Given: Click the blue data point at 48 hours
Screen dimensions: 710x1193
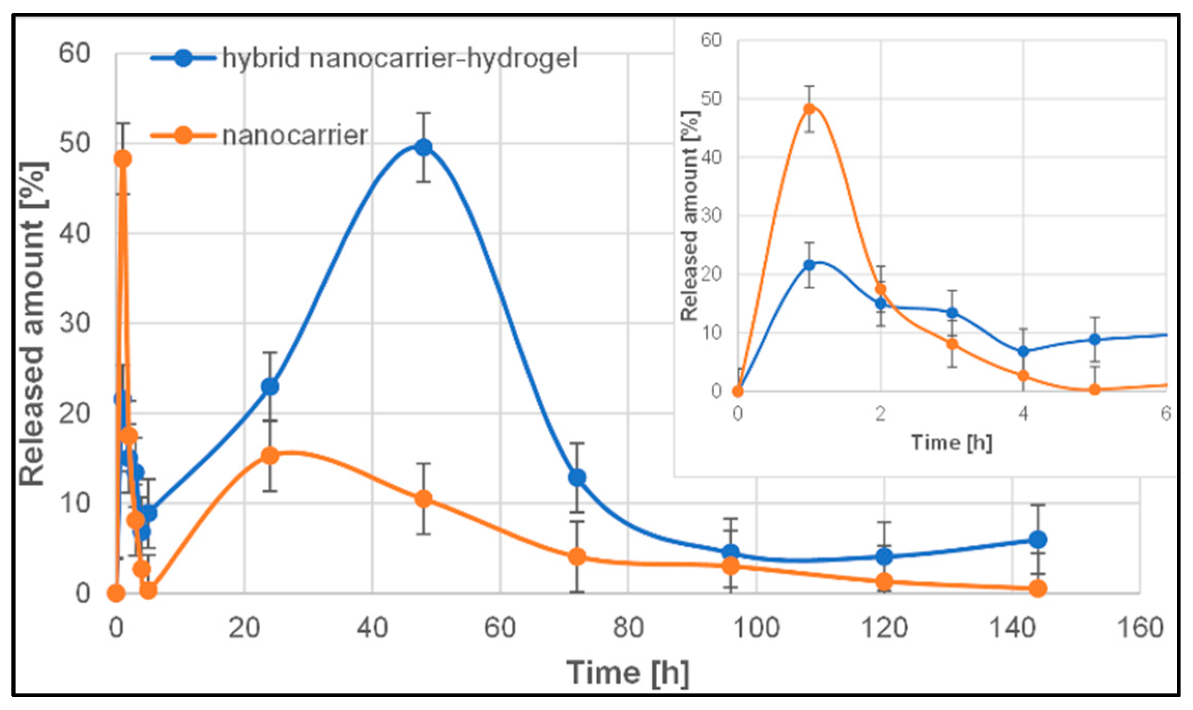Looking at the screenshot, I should tap(423, 147).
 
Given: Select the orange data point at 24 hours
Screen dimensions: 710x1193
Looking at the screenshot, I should tap(270, 455).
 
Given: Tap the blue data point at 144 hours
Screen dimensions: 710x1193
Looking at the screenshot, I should tap(1038, 540).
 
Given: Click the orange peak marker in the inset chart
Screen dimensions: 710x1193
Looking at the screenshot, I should tap(809, 109).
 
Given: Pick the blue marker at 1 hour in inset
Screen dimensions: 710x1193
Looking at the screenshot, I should tap(809, 265).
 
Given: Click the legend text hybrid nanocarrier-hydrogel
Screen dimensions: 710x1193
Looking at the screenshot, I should tap(400, 58).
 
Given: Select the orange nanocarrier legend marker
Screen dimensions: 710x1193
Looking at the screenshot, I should tap(183, 135).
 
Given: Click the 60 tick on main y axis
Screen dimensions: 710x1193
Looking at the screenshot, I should tap(74, 53).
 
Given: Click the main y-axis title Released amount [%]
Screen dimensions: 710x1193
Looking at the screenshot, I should tap(32, 324).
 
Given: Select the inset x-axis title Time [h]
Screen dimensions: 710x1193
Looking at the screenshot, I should tap(951, 442).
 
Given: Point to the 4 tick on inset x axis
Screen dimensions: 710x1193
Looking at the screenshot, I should tap(1023, 414).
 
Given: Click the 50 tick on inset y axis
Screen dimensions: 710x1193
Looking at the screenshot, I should tap(711, 98).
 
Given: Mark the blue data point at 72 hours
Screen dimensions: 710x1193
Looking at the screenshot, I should tap(577, 477).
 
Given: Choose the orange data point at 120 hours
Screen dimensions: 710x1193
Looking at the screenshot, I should tap(884, 581).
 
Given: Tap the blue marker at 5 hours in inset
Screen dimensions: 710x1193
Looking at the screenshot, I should tap(1094, 339).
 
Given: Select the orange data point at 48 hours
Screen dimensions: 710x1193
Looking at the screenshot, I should tap(423, 499).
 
